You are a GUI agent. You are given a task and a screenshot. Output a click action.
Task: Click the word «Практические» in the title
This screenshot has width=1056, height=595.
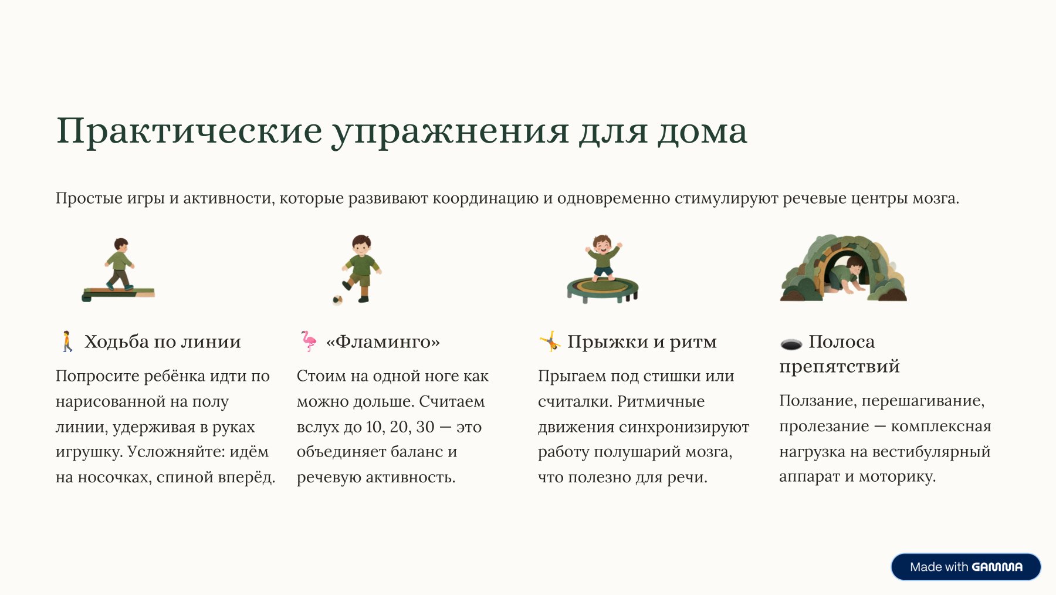click(189, 131)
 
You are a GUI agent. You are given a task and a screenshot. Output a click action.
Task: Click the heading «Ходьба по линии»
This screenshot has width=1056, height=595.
click(163, 342)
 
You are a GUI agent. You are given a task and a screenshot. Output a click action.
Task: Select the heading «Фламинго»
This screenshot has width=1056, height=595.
click(383, 342)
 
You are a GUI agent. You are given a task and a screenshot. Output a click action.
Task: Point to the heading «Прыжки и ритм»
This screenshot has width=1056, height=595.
click(642, 342)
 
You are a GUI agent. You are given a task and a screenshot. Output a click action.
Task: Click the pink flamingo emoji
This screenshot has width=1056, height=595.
click(309, 341)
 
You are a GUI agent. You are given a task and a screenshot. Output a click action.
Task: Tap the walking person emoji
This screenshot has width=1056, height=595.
click(67, 341)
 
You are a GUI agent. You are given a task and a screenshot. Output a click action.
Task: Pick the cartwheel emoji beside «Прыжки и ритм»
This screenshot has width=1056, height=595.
click(550, 341)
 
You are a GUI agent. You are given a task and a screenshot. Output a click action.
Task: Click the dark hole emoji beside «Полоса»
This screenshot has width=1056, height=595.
click(791, 344)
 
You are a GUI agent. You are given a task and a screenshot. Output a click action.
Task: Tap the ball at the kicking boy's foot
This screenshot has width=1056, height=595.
click(337, 300)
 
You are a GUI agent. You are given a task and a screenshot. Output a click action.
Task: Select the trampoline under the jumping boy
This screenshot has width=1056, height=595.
click(603, 289)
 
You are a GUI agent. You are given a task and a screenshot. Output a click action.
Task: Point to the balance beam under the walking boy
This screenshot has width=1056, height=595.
click(119, 293)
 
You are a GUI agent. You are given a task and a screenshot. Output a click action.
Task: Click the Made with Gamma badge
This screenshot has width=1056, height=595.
click(966, 567)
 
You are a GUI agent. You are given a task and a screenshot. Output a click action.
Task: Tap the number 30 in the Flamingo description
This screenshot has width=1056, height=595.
click(425, 427)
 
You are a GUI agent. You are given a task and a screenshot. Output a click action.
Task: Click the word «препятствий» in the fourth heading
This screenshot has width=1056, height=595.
click(840, 367)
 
